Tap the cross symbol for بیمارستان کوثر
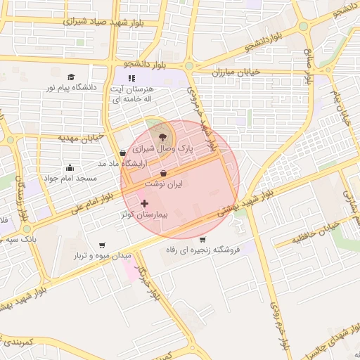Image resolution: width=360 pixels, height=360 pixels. coord(145,203)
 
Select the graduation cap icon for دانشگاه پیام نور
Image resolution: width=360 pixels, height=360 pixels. coord(70,77)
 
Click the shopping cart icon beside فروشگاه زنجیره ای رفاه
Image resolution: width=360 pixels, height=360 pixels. coord(202,240)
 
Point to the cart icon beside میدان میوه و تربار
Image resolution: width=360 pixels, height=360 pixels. coord(103,245)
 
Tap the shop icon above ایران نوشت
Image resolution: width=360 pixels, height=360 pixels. coord(164,173)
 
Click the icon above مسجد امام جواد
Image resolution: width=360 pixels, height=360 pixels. coord(70,167)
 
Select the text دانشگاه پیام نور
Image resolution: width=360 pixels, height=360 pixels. coord(70,87)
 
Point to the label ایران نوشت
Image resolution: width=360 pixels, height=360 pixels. coord(164,183)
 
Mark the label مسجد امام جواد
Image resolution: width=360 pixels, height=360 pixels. coord(70,177)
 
